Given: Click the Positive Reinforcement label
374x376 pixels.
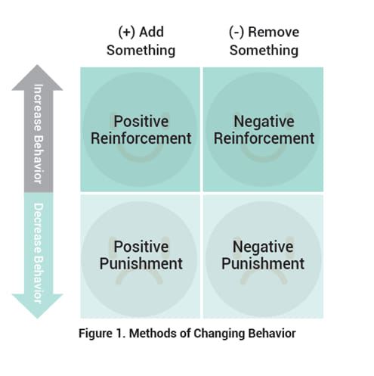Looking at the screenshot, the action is coord(141,130).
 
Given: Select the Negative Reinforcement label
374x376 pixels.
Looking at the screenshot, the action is coord(264,130).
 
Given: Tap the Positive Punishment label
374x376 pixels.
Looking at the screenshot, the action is coord(141,255).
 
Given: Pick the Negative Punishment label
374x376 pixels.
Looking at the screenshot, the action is coord(263,255).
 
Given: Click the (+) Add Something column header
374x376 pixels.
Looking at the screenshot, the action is coord(141,41).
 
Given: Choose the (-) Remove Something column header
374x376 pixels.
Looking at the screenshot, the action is coord(264,41).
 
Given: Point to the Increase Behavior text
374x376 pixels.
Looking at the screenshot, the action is coord(39,134).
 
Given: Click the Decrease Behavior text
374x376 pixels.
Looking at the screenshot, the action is coord(39,253).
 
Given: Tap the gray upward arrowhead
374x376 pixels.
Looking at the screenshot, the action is coord(37,77).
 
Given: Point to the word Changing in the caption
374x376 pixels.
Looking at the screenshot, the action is coord(219,334).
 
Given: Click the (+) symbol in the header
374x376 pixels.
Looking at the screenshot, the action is coord(127,33).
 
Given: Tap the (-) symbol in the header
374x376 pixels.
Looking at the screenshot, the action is coord(236,33).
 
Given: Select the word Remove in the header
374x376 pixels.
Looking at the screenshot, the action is coord(274,33).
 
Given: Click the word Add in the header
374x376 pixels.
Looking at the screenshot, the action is coord(152,32).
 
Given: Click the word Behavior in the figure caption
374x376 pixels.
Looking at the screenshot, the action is coord(272,333).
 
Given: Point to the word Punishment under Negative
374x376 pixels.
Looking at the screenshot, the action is coord(263,264).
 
